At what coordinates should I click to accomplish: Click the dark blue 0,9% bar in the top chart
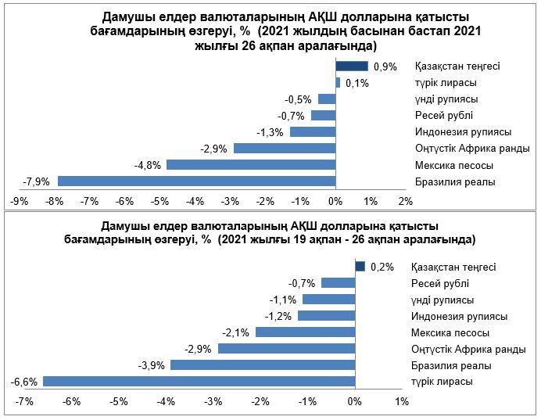352,66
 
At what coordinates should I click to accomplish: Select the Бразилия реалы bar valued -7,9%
196,181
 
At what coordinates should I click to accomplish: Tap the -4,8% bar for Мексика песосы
250,164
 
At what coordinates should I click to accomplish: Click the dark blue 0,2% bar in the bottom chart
360,267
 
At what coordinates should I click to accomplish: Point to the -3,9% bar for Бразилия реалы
262,365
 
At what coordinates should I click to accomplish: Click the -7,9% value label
37,181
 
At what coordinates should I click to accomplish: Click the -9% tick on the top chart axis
19,202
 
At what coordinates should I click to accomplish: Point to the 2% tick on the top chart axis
405,202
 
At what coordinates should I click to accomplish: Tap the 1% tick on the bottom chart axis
402,402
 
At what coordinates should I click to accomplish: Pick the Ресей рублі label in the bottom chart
439,283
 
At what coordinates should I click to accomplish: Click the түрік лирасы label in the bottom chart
442,382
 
